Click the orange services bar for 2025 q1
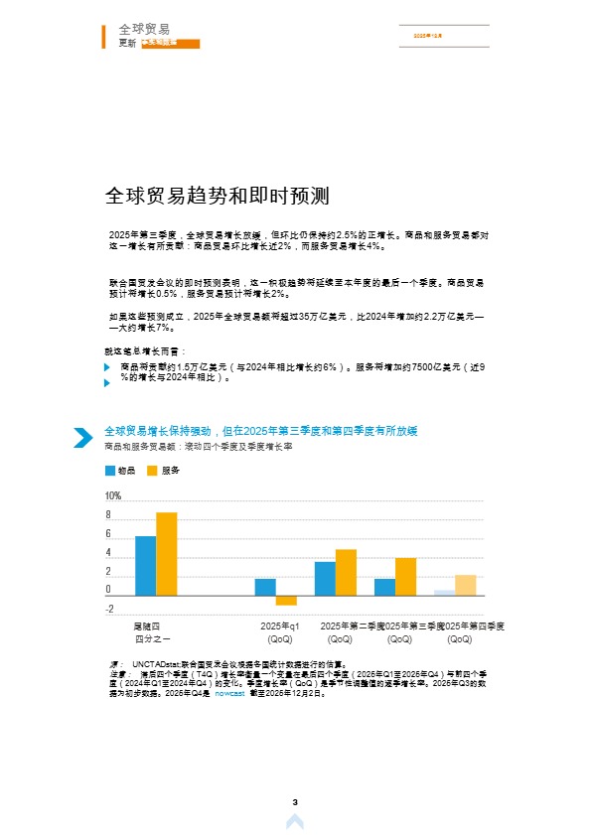tap(286, 600)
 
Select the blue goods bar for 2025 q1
tap(265, 587)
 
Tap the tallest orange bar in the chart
tap(167, 553)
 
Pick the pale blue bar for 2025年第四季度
tap(444, 593)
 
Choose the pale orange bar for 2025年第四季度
tap(465, 585)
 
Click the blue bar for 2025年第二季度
tap(325, 578)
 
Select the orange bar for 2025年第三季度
tap(405, 576)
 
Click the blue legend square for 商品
tap(110, 471)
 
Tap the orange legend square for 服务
tap(153, 471)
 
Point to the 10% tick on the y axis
tap(112, 495)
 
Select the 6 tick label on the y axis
tap(108, 534)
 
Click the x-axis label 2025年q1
tap(280, 626)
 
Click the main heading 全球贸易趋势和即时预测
tap(217, 196)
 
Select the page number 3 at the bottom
tap(295, 801)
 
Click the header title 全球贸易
tap(143, 29)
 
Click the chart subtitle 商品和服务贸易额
tap(138, 448)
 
